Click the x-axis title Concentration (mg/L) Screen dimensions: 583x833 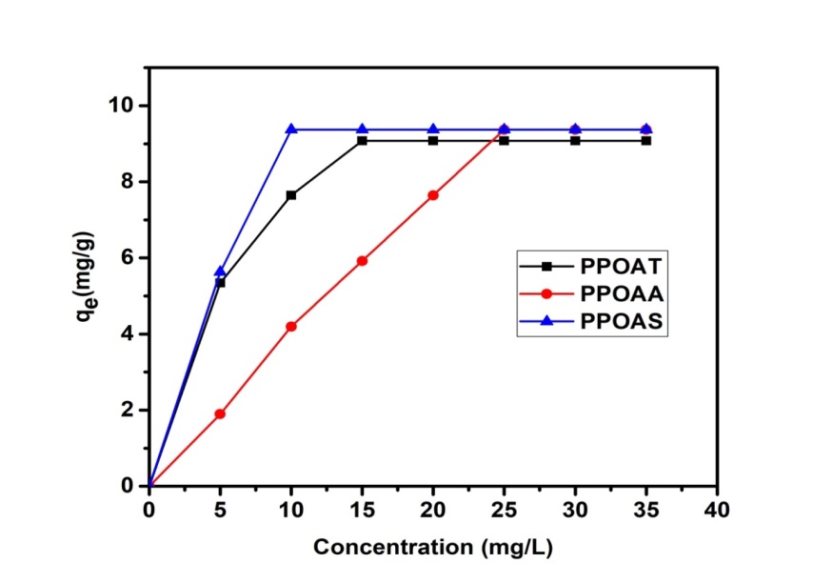[x=433, y=548]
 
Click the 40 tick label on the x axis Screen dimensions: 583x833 [x=717, y=511]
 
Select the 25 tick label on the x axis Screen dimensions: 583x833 [x=504, y=511]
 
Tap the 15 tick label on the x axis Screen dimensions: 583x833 [x=362, y=511]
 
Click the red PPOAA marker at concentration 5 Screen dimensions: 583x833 [x=220, y=413]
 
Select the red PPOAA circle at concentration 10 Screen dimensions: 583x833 [x=291, y=326]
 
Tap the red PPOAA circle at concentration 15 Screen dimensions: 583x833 [x=362, y=260]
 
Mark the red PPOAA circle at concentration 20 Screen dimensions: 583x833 [x=433, y=194]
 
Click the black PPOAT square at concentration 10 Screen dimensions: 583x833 [x=291, y=194]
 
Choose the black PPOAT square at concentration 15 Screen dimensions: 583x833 [x=362, y=140]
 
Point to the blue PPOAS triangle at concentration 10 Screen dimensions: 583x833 [x=291, y=129]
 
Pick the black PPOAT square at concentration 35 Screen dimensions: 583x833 [x=646, y=140]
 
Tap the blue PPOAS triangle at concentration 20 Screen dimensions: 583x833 [x=433, y=129]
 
